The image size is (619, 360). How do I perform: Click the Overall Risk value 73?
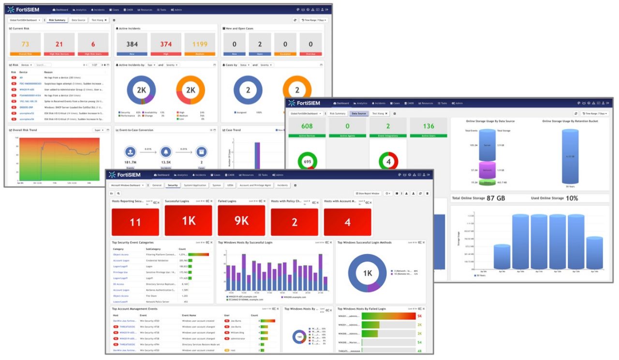[25, 44]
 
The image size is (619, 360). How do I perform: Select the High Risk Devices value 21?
[59, 44]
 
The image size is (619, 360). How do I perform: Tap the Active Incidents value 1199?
[200, 44]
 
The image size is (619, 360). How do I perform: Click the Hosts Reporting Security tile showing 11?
[135, 222]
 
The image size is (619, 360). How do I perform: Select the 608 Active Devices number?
[307, 126]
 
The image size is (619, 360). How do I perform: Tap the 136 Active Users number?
[428, 126]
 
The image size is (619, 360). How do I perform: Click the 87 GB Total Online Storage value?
[496, 198]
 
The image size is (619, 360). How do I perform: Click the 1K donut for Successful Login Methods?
[367, 273]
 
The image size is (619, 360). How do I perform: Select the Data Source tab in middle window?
[358, 113]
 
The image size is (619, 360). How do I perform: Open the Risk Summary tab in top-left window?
[57, 20]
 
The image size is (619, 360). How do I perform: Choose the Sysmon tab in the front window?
[217, 185]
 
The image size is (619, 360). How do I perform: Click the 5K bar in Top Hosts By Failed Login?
[388, 316]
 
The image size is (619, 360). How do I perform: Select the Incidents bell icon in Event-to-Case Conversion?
[166, 152]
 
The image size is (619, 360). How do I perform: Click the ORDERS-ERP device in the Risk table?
[27, 107]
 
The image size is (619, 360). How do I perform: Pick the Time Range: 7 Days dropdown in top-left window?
[314, 20]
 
